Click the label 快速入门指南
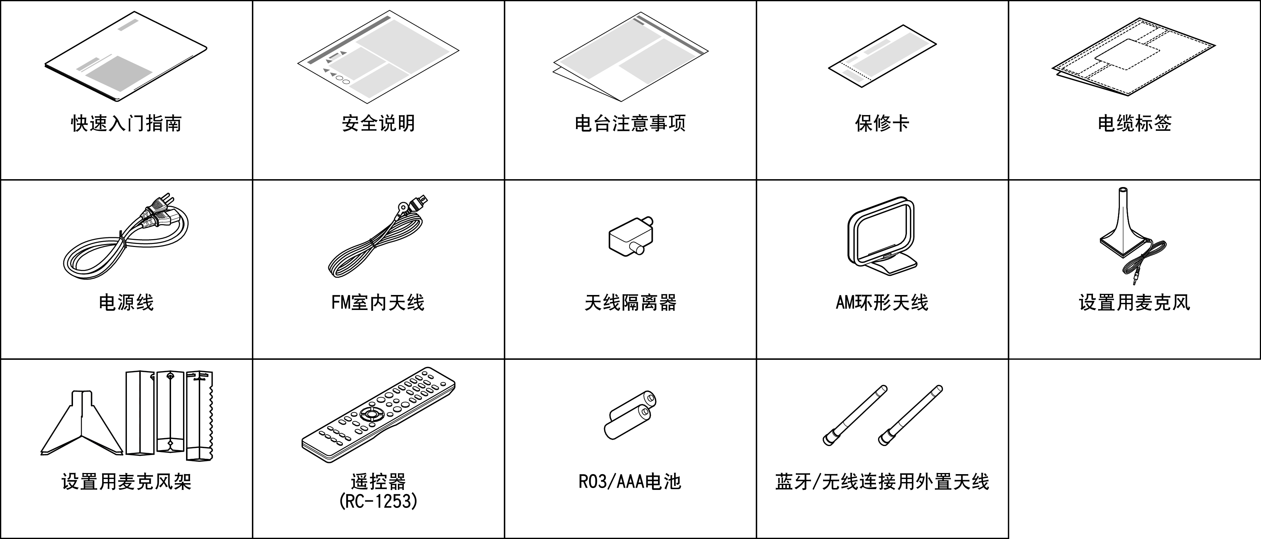(x=126, y=123)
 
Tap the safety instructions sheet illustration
(x=378, y=57)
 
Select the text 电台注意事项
(x=630, y=123)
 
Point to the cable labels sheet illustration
(x=1134, y=57)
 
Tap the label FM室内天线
(x=378, y=302)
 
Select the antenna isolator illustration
(x=631, y=236)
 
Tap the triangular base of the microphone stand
(x=82, y=423)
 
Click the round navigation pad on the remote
(x=372, y=415)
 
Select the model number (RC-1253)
(x=378, y=501)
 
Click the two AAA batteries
(x=630, y=415)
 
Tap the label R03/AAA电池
(x=630, y=482)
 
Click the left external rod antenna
(x=855, y=415)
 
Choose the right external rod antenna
(x=910, y=415)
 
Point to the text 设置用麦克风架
(x=126, y=482)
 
